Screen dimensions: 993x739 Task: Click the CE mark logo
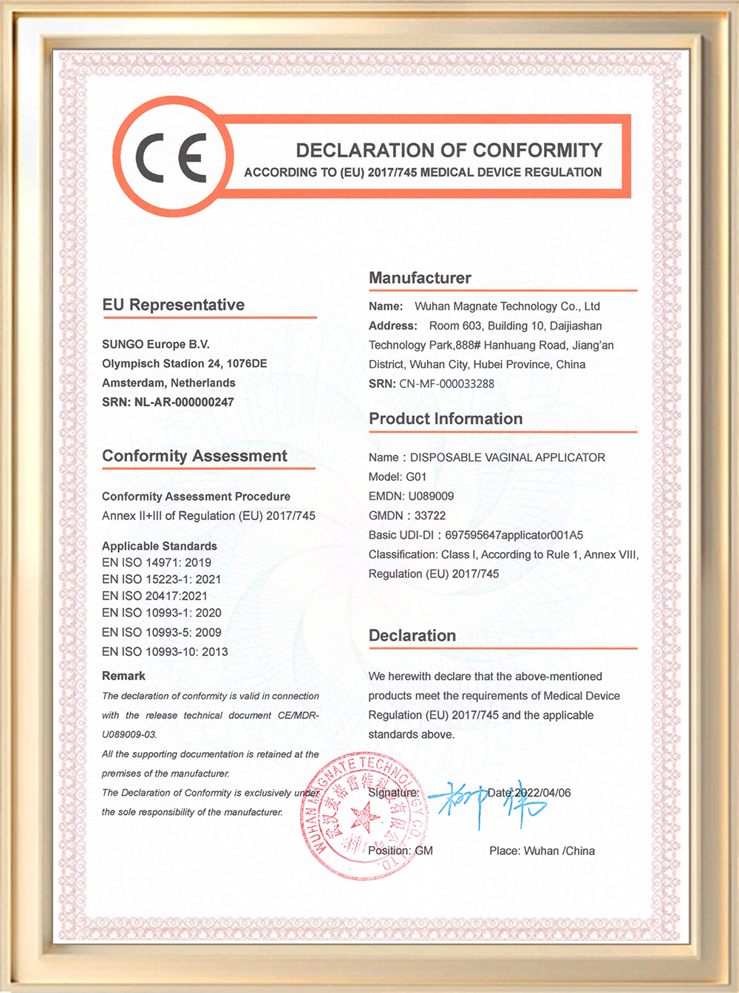[x=171, y=157]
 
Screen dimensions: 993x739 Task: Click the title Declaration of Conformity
[x=449, y=151]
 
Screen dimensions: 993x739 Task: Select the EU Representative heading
[x=173, y=305]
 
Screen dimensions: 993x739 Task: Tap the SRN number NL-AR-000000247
[x=184, y=402]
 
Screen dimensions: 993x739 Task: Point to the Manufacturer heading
[x=420, y=278]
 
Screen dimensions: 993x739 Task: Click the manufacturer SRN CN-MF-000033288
[x=446, y=383]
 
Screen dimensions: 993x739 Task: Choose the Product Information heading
[x=446, y=419]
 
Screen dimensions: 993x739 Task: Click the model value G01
[x=416, y=477]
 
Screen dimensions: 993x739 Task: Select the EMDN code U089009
[x=431, y=496]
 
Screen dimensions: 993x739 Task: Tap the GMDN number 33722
[x=430, y=516]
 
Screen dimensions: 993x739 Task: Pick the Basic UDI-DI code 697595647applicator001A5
[x=514, y=535]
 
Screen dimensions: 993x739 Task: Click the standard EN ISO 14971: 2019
[x=157, y=562]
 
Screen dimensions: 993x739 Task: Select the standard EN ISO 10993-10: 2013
[x=165, y=652]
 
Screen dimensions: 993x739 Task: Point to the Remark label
[x=123, y=676]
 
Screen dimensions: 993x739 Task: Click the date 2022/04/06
[x=542, y=793]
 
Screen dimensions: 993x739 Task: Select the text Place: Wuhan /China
[x=542, y=851]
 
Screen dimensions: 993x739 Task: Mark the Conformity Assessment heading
[x=194, y=456]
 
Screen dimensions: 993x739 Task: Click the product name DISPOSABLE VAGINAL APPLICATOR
[x=508, y=457]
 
